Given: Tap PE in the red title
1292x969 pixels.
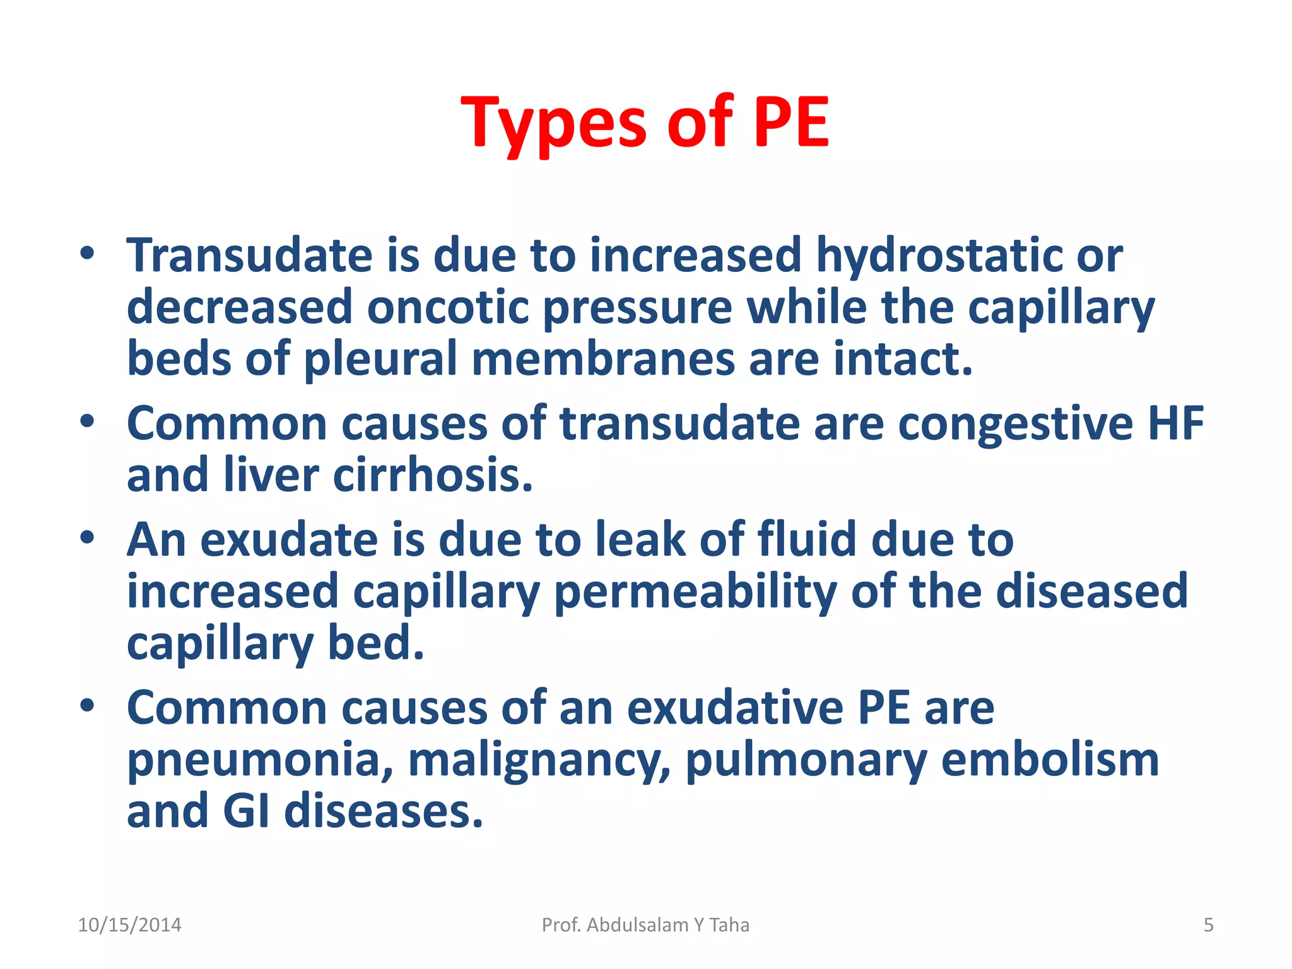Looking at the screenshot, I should pos(790,123).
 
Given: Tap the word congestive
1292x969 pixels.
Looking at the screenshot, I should pos(1015,424).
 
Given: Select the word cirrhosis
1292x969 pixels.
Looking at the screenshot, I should pos(433,476).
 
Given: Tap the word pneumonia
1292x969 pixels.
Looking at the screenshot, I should pos(261,761).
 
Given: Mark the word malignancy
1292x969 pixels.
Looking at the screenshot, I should pos(539,761).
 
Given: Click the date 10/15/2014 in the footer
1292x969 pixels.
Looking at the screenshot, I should pos(129,925).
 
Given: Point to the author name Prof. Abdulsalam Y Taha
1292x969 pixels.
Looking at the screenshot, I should pos(645,925).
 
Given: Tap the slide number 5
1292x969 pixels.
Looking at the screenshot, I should pos(1208,925).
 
